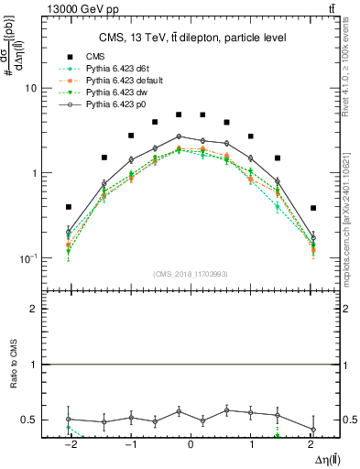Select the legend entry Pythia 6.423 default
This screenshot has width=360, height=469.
[x=121, y=82]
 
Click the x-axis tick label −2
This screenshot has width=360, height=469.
[x=70, y=443]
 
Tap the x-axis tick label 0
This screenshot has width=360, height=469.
[x=190, y=443]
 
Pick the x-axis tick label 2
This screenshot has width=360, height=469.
[x=312, y=443]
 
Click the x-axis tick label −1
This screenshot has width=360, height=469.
[x=130, y=443]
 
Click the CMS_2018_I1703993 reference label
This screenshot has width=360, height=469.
[x=191, y=274]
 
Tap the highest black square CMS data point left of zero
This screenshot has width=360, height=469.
[x=180, y=115]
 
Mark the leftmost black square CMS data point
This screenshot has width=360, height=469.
[x=69, y=207]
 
